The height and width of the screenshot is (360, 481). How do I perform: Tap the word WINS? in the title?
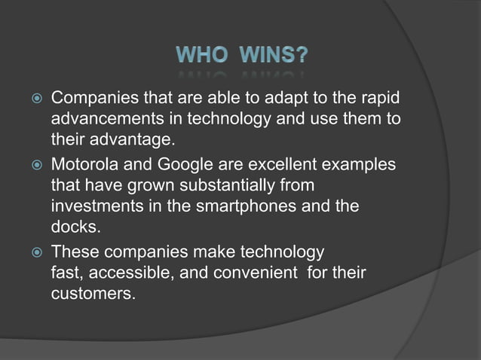coord(272,56)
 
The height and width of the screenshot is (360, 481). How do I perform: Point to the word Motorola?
coord(84,164)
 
